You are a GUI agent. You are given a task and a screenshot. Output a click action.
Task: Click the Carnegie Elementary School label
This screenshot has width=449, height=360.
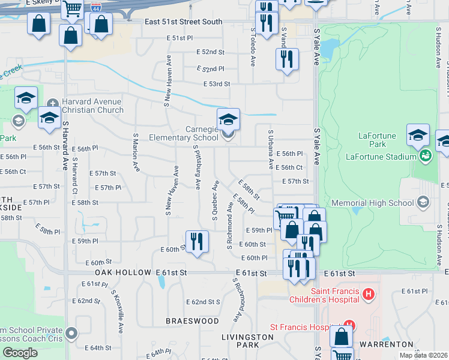(x=188, y=133)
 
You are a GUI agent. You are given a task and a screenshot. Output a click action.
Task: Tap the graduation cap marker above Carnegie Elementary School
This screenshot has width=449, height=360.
(x=228, y=119)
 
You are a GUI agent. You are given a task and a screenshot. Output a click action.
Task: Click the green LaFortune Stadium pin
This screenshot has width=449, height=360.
(x=426, y=157)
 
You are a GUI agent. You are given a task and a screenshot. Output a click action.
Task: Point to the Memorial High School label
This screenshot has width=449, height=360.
(x=372, y=203)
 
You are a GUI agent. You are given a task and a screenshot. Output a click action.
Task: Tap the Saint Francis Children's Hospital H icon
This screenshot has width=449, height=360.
(x=369, y=294)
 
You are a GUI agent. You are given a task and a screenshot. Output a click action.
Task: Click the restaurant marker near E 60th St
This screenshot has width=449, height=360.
(x=196, y=242)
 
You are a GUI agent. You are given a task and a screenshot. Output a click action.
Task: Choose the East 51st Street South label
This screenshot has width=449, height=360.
(x=184, y=22)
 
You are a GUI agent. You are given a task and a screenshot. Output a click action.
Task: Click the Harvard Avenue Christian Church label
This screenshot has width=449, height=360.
(x=92, y=106)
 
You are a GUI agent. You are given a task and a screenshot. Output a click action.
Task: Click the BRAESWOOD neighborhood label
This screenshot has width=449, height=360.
(x=192, y=321)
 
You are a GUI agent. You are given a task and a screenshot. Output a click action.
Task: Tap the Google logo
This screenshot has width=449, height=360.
(x=20, y=353)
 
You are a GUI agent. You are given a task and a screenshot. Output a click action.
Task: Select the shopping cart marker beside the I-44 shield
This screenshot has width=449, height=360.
(x=72, y=8)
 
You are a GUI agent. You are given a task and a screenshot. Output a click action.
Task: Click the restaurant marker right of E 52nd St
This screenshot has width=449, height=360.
(x=287, y=59)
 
